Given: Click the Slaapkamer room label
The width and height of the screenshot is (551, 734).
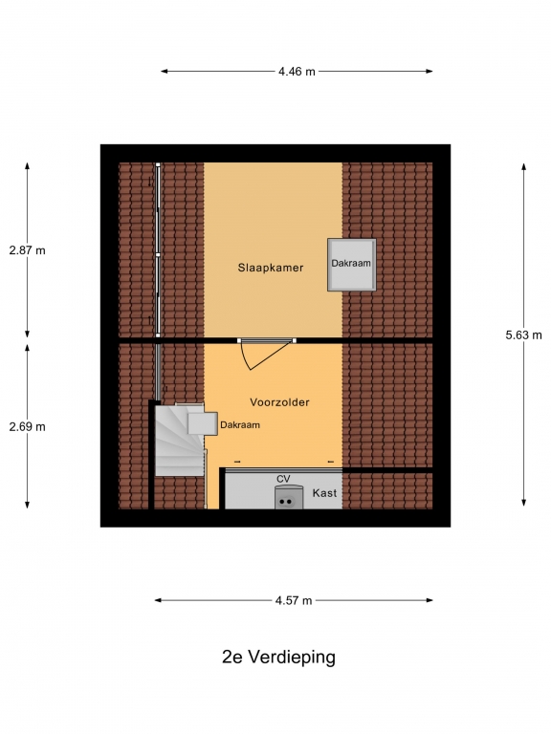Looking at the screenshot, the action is click(x=271, y=268).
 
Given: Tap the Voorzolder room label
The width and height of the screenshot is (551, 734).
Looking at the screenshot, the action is click(x=279, y=402).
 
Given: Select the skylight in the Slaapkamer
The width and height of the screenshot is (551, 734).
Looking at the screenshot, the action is click(x=352, y=265).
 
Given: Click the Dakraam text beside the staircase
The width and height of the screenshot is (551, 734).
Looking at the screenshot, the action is click(x=240, y=425).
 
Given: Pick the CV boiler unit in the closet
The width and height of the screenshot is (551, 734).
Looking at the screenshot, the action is click(x=289, y=498).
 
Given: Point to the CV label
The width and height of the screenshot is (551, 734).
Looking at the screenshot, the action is click(x=283, y=479).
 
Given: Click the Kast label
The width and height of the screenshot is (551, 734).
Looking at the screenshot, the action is click(x=324, y=493).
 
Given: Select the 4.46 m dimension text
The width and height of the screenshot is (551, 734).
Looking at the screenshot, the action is click(x=298, y=72).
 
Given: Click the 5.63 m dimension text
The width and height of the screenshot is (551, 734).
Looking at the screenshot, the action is click(x=524, y=335).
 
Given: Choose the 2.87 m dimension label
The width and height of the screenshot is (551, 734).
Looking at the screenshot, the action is click(x=27, y=250).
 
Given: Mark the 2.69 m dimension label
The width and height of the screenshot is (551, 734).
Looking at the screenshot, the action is click(x=27, y=427).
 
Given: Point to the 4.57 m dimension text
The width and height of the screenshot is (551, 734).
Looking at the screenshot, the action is click(x=294, y=600).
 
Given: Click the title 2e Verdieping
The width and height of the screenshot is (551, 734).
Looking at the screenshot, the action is click(x=278, y=658).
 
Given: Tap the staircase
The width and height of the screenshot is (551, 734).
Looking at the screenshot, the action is click(x=181, y=440).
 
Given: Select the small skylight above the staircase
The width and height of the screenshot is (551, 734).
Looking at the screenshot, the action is click(x=203, y=423).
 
